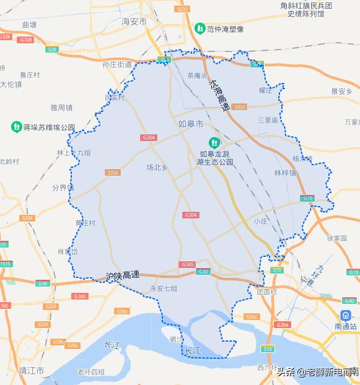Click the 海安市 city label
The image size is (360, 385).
click(134, 22)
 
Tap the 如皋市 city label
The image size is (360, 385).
click(190, 124)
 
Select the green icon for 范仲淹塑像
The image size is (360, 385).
click(200, 28)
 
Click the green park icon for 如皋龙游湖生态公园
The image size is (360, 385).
click(214, 142)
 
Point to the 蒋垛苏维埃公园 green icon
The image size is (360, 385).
click(16, 127)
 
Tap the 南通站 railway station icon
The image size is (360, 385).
click(345, 314)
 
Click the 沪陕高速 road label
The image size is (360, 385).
click(123, 275)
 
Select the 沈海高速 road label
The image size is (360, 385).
click(219, 95)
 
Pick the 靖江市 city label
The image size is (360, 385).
click(31, 371)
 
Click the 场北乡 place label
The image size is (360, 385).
click(157, 167)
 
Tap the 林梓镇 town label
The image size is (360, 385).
click(284, 173)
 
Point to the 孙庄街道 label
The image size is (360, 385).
click(118, 64)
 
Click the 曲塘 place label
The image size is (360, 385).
click(29, 25)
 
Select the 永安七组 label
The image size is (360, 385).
click(164, 288)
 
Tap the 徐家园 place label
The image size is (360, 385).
click(339, 238)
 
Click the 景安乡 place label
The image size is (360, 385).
click(341, 92)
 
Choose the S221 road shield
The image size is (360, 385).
click(182, 9)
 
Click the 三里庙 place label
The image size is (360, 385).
click(268, 120)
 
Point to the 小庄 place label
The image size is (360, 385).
click(260, 221)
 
